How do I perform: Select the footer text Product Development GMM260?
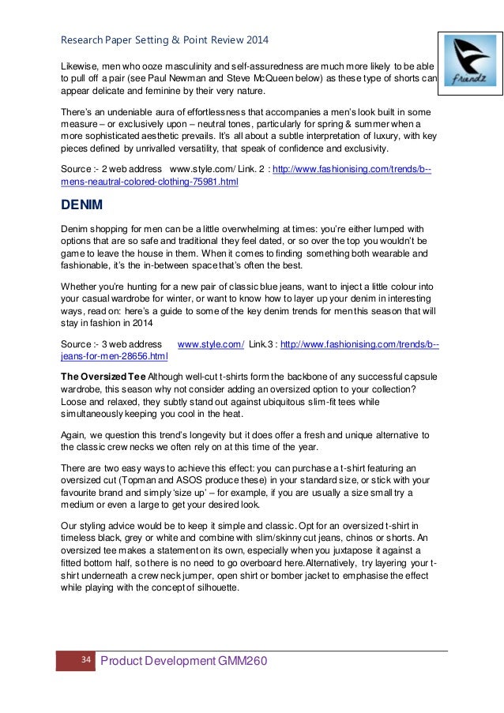[184, 660]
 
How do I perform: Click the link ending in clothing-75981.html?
[149, 182]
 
